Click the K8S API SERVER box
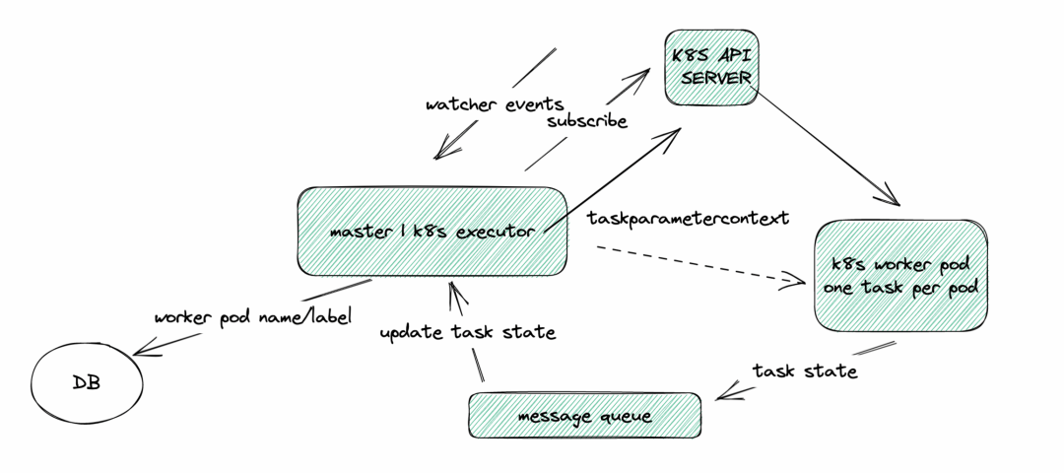(711, 67)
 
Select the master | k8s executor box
(432, 232)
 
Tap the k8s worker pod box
(900, 276)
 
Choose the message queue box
(584, 415)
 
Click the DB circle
(87, 383)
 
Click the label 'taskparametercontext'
(688, 219)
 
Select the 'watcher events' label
(495, 104)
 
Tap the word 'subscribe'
(587, 121)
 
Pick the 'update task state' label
(468, 332)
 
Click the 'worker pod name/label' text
(253, 317)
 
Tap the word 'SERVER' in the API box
(716, 78)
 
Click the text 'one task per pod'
(901, 288)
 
